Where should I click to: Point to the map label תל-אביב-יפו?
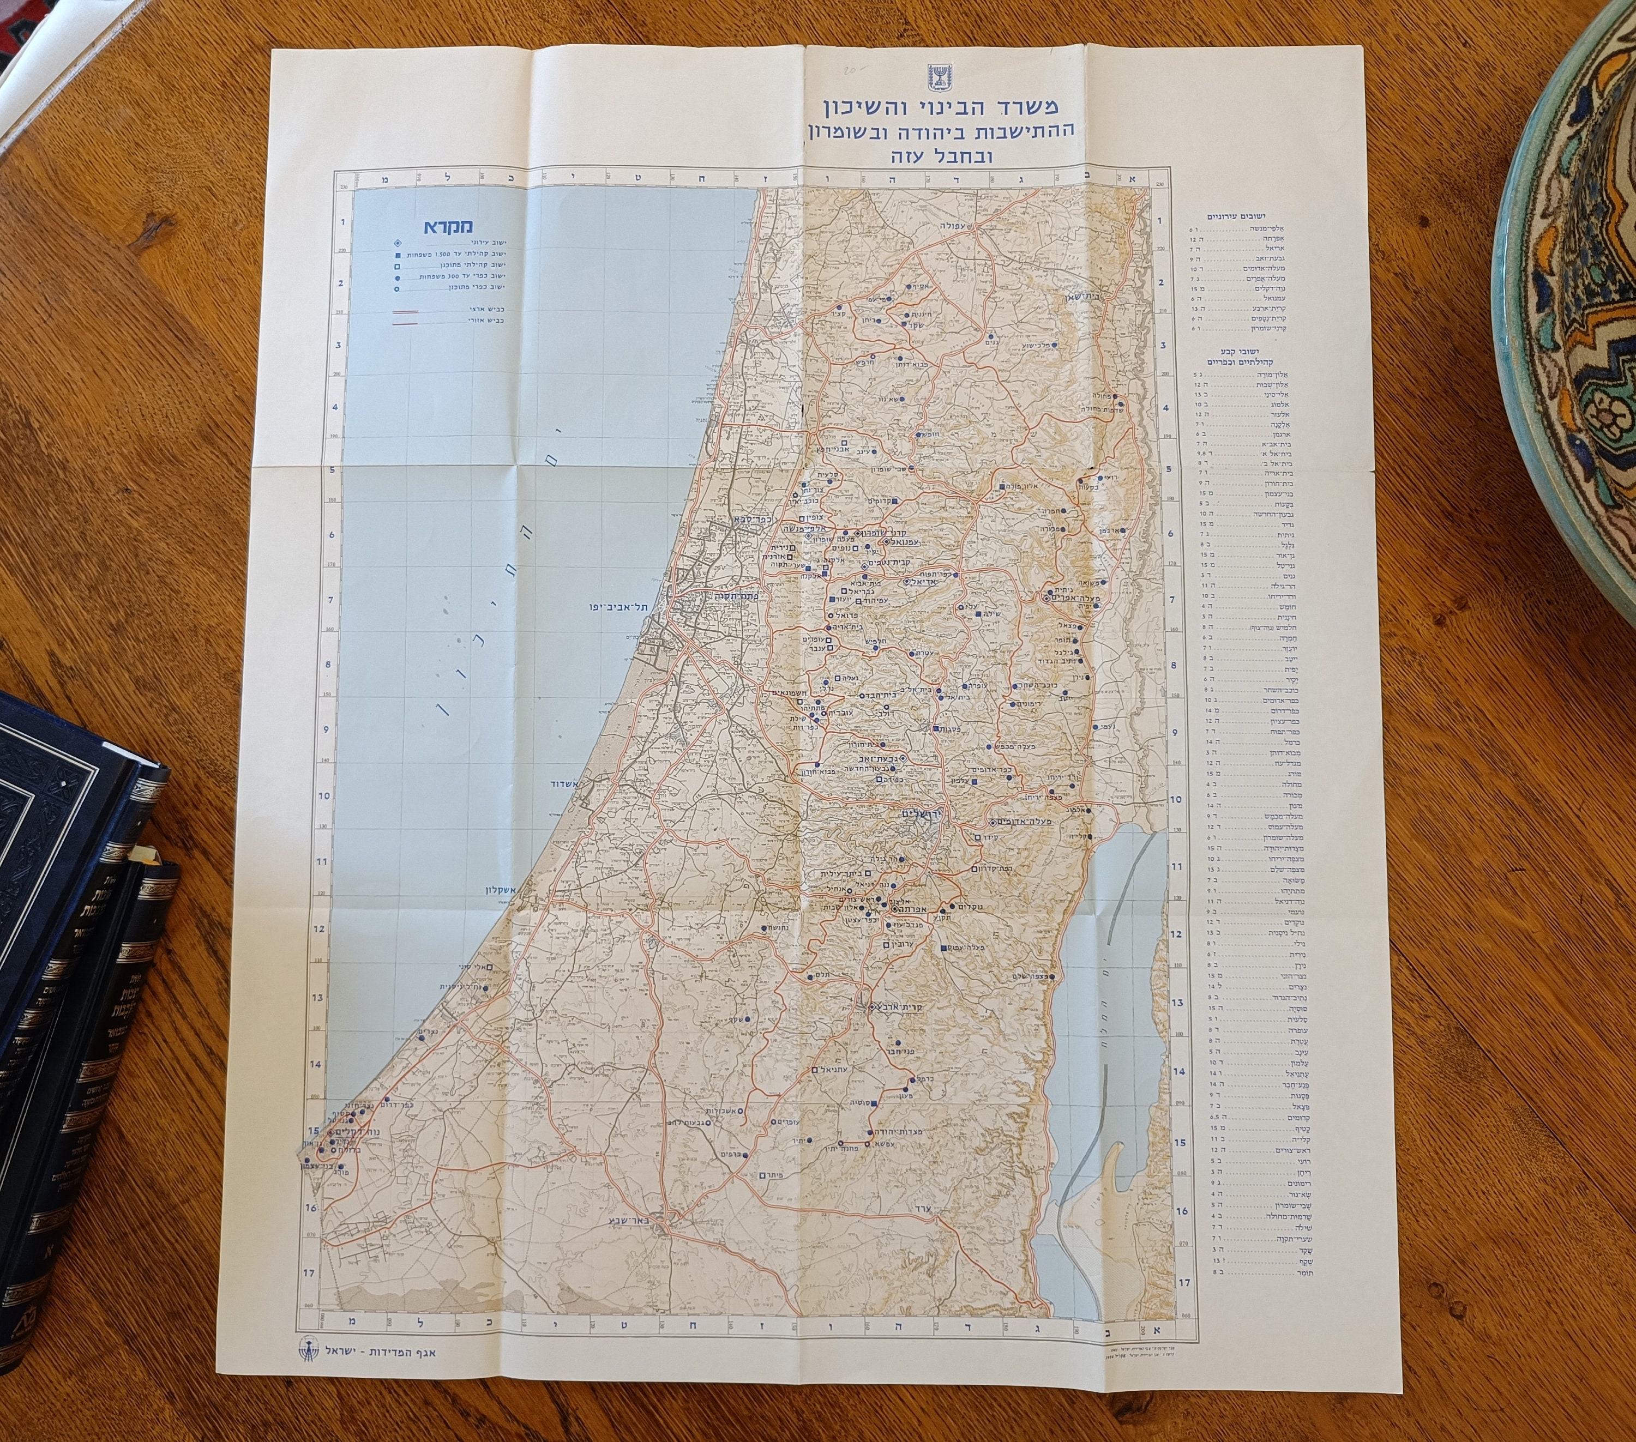(x=618, y=607)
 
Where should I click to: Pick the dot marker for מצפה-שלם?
(x=1052, y=976)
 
